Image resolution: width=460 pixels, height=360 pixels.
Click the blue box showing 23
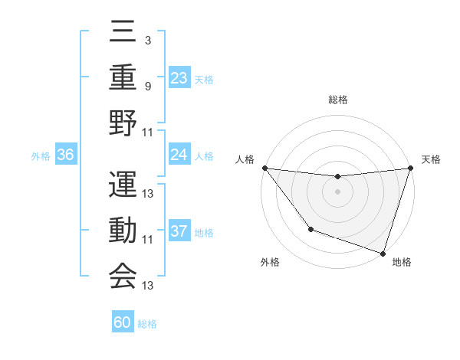(x=179, y=78)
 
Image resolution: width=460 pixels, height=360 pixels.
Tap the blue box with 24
(x=179, y=155)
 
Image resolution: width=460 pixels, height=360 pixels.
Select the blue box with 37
(x=179, y=231)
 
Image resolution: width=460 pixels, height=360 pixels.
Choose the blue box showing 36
(x=65, y=155)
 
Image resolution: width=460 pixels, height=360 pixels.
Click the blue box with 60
(x=123, y=322)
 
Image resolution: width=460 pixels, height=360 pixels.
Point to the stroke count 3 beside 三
(x=147, y=40)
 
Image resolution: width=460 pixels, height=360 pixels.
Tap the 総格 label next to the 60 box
(x=147, y=324)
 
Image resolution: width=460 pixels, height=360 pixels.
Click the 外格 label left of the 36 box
(x=41, y=156)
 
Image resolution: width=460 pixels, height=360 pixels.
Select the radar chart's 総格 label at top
(x=337, y=100)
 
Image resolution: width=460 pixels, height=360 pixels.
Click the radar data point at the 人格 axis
(x=264, y=168)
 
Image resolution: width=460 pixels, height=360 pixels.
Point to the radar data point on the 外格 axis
(x=310, y=229)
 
